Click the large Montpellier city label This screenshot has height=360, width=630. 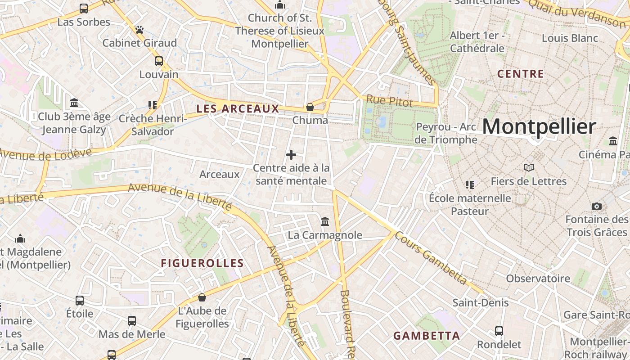[x=539, y=126]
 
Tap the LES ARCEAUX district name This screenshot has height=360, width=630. [x=238, y=108]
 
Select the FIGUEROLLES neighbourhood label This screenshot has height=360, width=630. [x=202, y=263]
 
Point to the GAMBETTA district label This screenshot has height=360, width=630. [x=427, y=336]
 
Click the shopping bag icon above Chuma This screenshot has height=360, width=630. [x=310, y=107]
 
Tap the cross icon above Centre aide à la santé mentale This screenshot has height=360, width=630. [x=291, y=155]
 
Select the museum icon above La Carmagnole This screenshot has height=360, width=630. [x=324, y=221]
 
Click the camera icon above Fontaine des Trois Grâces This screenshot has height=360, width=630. [x=597, y=206]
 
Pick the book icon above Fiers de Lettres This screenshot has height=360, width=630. [x=528, y=168]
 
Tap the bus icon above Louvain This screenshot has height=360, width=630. [x=159, y=61]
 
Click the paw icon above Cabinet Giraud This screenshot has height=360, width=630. [x=139, y=30]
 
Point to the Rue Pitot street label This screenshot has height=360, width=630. [x=389, y=101]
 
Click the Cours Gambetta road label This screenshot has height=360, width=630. [x=431, y=258]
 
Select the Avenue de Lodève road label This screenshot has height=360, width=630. [x=45, y=153]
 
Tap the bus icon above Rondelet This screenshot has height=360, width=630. [x=499, y=331]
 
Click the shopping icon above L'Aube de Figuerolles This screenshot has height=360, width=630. [x=202, y=297]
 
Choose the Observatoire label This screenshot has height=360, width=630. [x=538, y=278]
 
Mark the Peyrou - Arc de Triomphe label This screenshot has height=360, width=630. [x=445, y=133]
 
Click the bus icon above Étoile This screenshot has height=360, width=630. [x=80, y=300]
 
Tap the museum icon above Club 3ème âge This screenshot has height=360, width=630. [x=74, y=103]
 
